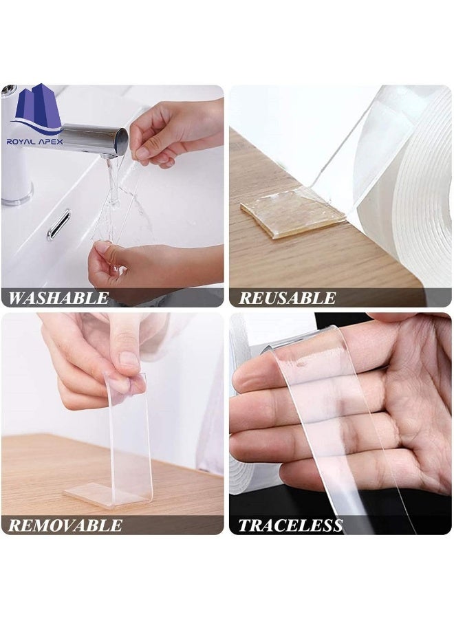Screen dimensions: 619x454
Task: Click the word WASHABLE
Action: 58,298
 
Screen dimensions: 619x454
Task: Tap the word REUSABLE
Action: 287,298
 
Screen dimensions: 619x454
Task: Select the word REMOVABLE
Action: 65,526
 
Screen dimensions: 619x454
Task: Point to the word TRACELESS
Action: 290,526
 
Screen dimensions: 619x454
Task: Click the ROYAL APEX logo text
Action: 34,142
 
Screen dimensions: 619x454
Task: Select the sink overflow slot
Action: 58,225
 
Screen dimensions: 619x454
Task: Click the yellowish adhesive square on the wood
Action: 292,214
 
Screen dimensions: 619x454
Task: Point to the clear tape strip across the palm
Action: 330,413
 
